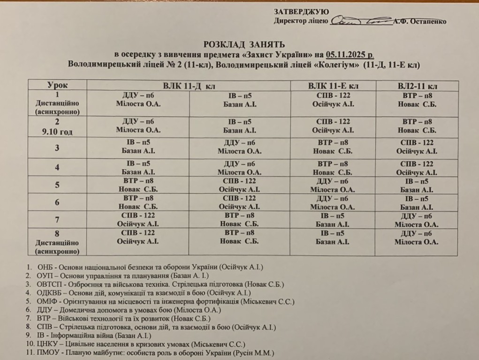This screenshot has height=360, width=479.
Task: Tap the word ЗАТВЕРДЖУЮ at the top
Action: pos(302,12)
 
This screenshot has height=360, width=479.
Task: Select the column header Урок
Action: pos(58,85)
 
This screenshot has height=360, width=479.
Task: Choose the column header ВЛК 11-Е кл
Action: pos(333,86)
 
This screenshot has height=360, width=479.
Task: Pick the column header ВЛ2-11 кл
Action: pos(417,86)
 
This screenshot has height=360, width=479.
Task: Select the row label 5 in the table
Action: pos(57,185)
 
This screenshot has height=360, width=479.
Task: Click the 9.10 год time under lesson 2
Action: pos(58,132)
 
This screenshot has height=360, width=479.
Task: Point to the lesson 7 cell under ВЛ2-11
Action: pos(417,220)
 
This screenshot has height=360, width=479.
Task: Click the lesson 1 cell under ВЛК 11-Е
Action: pos(333,99)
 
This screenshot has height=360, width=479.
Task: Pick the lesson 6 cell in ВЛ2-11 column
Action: pos(417,202)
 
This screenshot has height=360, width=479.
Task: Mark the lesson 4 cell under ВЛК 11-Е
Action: pos(333,168)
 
